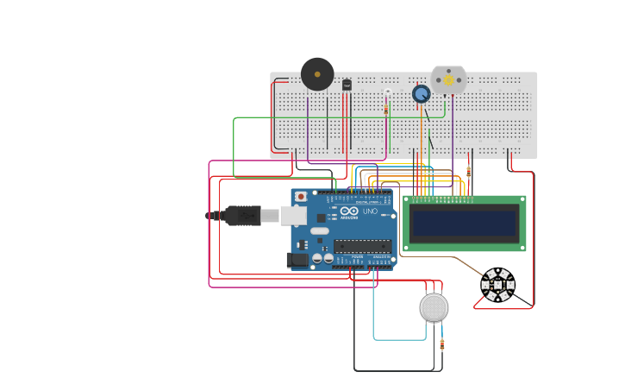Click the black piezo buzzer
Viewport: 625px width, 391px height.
pyautogui.click(x=317, y=74)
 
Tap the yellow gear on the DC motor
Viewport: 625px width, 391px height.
pyautogui.click(x=448, y=79)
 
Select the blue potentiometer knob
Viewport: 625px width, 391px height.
pyautogui.click(x=421, y=94)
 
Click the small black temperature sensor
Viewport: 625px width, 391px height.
pyautogui.click(x=347, y=85)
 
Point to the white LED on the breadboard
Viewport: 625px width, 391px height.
pyautogui.click(x=388, y=92)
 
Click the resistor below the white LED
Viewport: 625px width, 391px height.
pyautogui.click(x=386, y=110)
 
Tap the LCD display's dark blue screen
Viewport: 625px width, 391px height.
pyautogui.click(x=465, y=224)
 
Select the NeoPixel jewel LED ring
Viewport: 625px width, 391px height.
pyautogui.click(x=497, y=285)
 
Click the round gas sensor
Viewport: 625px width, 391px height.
pyautogui.click(x=434, y=307)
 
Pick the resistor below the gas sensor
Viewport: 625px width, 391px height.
pyautogui.click(x=442, y=344)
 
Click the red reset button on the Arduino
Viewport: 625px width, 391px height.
pyautogui.click(x=300, y=197)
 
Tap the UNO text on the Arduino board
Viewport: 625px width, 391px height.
pyautogui.click(x=370, y=211)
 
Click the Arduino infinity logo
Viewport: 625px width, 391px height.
pyautogui.click(x=349, y=211)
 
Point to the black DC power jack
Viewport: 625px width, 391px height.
pyautogui.click(x=297, y=258)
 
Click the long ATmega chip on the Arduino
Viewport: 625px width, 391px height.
pyautogui.click(x=362, y=246)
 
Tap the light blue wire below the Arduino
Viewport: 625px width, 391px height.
pyautogui.click(x=397, y=339)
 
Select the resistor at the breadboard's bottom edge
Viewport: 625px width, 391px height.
pyautogui.click(x=469, y=170)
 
